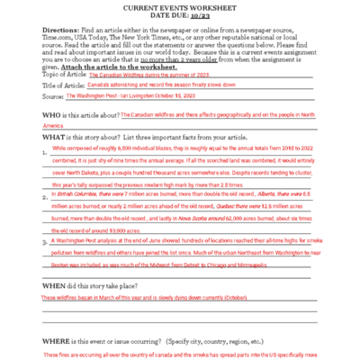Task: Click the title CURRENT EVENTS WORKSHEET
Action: [x=180, y=8]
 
